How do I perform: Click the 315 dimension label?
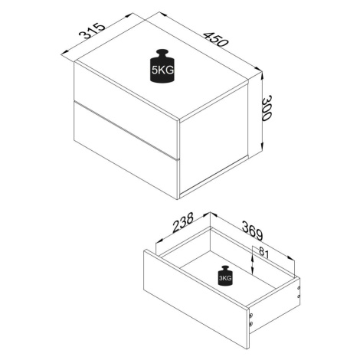coord(92,31)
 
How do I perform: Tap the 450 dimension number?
coord(215,40)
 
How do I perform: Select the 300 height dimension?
coord(267,108)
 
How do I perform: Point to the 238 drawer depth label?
coord(183,223)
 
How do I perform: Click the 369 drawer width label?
coord(252,231)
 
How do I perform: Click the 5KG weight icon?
coord(162,66)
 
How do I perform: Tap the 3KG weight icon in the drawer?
coord(225,276)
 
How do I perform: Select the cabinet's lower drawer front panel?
coord(126,151)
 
